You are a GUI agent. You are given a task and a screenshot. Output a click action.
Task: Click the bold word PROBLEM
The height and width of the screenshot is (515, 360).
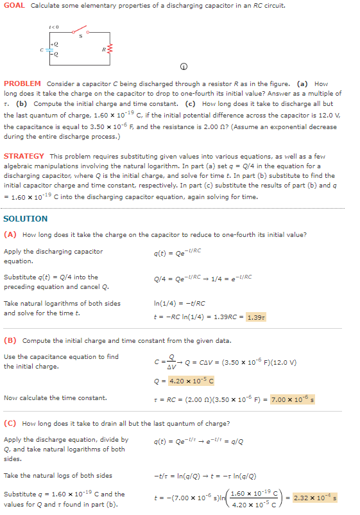(22, 84)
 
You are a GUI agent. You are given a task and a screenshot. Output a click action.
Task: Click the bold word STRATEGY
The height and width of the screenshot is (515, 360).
(24, 156)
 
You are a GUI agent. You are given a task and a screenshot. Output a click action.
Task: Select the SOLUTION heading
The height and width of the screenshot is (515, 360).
(26, 218)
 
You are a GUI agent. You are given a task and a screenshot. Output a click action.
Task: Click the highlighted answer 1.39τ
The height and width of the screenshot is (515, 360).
(256, 317)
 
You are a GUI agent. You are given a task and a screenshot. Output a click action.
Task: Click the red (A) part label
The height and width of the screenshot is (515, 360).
(10, 234)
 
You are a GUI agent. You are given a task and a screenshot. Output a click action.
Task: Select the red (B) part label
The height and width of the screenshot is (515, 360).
(10, 340)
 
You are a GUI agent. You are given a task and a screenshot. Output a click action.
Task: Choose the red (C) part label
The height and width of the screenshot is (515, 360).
(10, 423)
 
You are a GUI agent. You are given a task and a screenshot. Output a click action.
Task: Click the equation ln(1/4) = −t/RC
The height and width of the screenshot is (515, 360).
(180, 303)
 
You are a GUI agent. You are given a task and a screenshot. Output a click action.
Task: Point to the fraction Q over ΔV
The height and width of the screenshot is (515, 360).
(171, 361)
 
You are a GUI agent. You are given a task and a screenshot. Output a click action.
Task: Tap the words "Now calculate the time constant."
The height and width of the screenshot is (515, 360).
(55, 398)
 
